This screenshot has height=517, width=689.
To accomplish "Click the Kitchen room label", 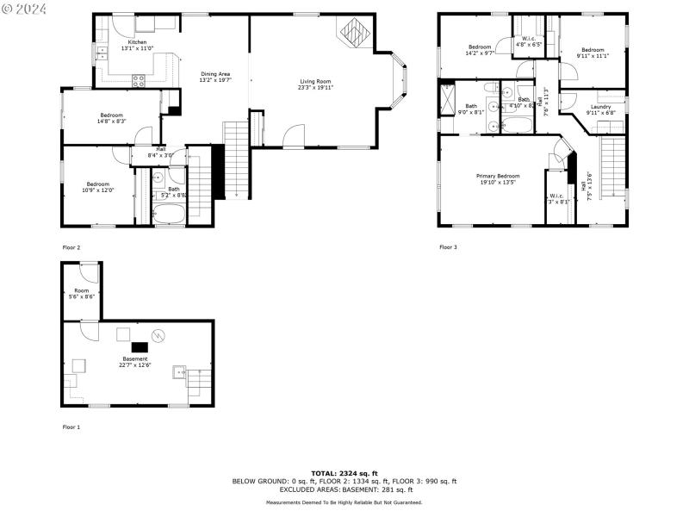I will pos(137,45).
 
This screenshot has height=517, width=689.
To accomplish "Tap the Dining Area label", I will pos(215,77).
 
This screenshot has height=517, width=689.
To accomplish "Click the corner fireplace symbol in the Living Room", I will pos(353,34).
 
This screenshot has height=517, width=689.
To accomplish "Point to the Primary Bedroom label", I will pos(498,178).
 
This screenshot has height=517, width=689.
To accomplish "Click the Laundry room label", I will pos(600,109).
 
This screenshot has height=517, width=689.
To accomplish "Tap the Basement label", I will pos(134,361).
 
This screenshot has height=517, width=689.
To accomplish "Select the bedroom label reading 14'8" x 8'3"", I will pos(111,118).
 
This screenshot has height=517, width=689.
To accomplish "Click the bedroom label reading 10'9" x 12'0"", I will pos(98,186).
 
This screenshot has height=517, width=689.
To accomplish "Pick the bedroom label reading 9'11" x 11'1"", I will pos(593,53).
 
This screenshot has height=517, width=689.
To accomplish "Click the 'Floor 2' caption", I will pos(71,247).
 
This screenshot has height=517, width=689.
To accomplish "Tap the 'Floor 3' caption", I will pos(448,247).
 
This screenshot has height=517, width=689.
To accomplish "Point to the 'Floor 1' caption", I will pos(71,427).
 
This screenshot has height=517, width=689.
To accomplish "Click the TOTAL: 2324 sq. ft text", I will pos(344,473).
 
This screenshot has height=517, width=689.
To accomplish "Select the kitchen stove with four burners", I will pos(138,80).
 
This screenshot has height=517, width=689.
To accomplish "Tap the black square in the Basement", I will pos(139,347).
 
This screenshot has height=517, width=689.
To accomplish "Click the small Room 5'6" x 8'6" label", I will pos(82,294).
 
